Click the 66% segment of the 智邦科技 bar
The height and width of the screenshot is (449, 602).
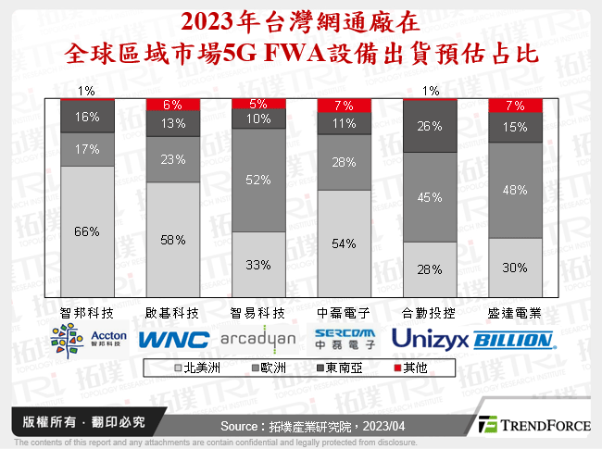pos(87,231)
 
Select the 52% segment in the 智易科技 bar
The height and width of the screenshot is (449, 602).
pos(258,180)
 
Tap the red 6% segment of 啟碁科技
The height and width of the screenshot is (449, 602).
pos(173,105)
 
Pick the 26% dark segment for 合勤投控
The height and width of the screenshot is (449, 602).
pos(430,126)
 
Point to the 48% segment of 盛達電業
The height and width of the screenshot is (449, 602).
pos(515,190)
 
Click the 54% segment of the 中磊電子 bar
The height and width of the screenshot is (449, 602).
pos(345,242)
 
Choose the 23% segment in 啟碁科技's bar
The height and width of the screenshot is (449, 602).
pos(173,159)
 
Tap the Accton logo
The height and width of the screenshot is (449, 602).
pos(87,338)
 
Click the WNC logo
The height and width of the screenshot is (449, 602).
pos(173,339)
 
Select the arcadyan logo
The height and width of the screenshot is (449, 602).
pos(258,338)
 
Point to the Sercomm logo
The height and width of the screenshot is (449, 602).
pos(344,338)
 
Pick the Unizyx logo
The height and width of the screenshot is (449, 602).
pos(430,338)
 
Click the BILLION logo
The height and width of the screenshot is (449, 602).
pos(515,340)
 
